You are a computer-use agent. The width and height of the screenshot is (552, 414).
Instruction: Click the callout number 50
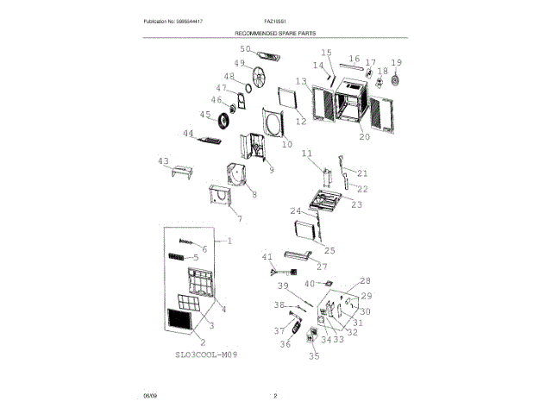[245, 50]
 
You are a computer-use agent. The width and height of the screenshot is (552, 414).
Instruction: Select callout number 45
[205, 116]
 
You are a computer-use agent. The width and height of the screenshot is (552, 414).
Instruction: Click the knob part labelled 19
[397, 82]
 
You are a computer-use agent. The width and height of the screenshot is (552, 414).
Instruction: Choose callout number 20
[364, 137]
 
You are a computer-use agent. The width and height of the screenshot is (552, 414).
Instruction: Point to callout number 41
[267, 257]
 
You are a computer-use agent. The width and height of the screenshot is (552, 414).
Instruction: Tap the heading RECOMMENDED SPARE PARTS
[275, 34]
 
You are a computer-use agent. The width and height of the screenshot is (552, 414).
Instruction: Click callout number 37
[279, 330]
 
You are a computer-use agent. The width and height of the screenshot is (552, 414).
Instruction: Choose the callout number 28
[364, 281]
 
